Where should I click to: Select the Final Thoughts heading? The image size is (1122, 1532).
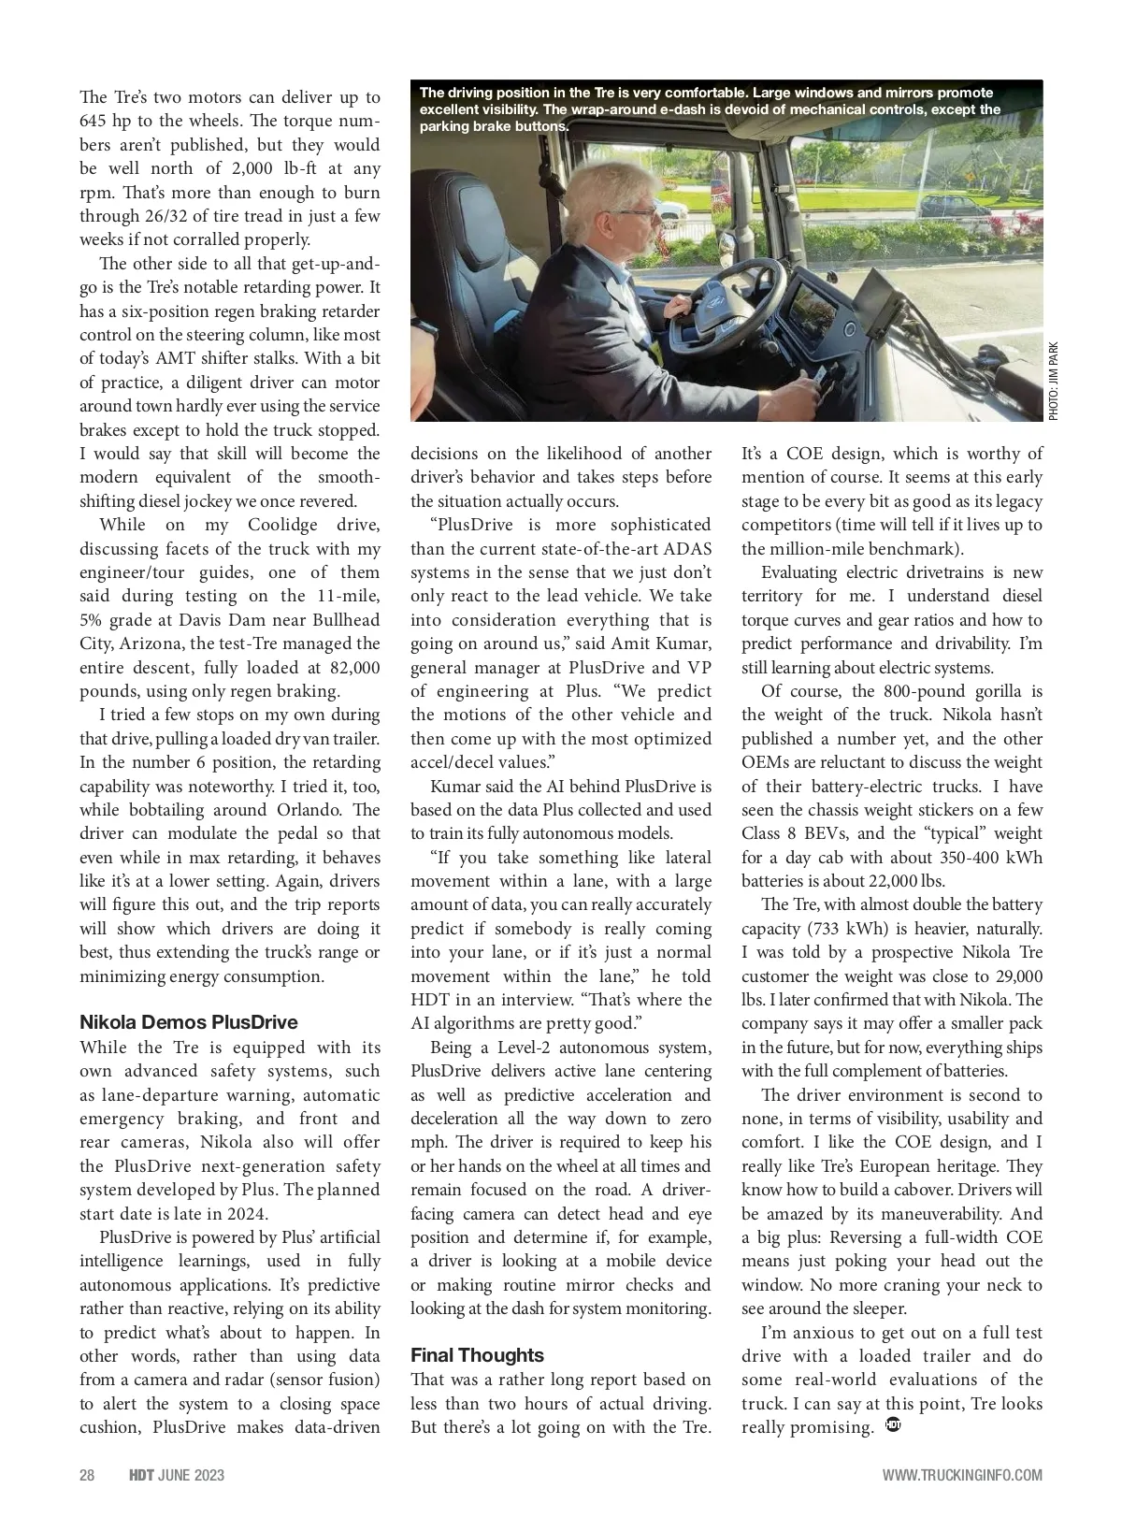click(x=477, y=1354)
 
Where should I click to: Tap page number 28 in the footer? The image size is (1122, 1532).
click(x=87, y=1475)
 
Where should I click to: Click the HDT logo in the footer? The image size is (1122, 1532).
click(x=140, y=1475)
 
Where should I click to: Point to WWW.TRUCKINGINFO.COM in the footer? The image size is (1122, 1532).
click(x=962, y=1475)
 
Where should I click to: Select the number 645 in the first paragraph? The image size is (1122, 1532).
click(x=94, y=121)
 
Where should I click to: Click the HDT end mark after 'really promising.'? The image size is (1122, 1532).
click(x=891, y=1426)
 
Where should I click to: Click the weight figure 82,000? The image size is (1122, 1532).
click(x=354, y=667)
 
